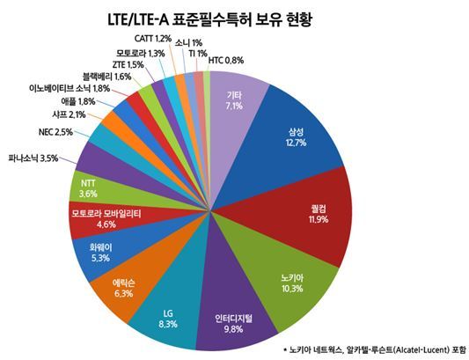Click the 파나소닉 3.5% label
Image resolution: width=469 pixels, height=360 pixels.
32,158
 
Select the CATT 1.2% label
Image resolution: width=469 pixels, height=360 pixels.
151,39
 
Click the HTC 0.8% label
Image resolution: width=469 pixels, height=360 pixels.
226,61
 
